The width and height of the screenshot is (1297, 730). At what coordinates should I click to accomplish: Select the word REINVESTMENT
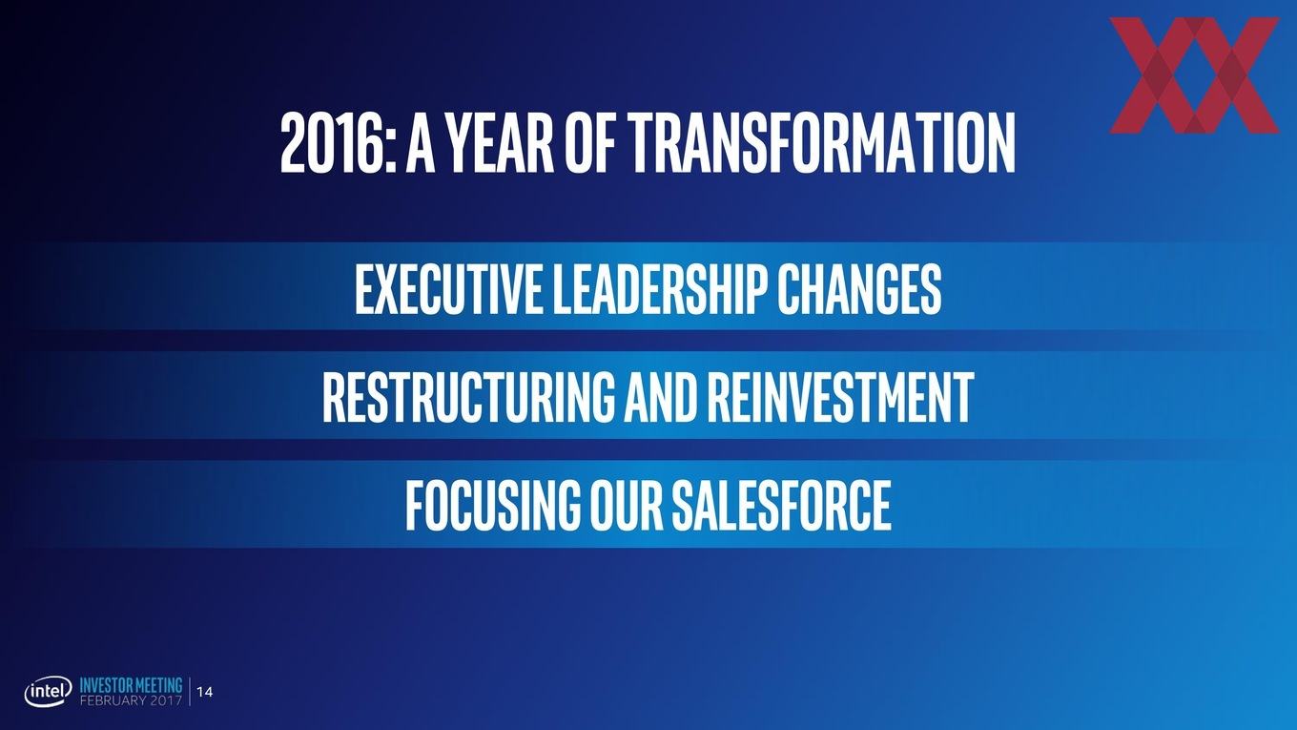click(x=840, y=397)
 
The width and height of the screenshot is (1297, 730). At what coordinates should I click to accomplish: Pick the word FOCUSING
click(x=493, y=505)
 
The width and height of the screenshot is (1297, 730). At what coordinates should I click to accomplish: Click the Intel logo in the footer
click(x=48, y=692)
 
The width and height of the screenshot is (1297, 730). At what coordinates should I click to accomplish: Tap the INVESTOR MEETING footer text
click(x=131, y=685)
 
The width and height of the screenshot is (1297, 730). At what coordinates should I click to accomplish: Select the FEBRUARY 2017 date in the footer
click(x=131, y=700)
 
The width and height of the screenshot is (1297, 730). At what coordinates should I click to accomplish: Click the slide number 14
click(x=205, y=692)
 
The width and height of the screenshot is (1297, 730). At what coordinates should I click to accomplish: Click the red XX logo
click(x=1194, y=75)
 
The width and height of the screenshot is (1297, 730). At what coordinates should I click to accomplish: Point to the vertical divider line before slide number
click(x=190, y=692)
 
